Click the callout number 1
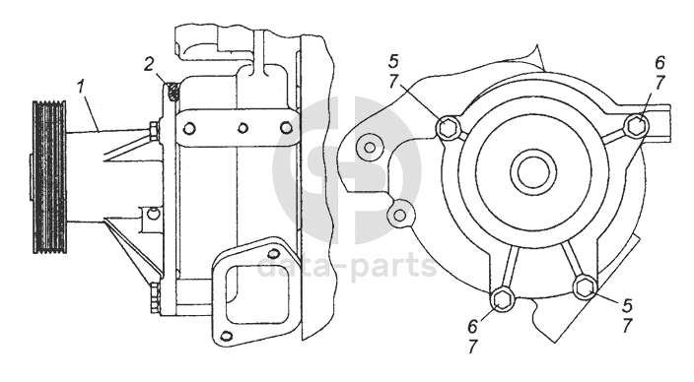coord(80,87)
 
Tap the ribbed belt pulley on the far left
coord(49,177)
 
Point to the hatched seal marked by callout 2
coord(173,92)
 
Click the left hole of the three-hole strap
coord(189,128)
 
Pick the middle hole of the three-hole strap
coord(243,128)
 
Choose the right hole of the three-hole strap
coord(287,128)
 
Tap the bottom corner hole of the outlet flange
coord(226,336)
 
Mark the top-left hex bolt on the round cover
coord(448,129)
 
